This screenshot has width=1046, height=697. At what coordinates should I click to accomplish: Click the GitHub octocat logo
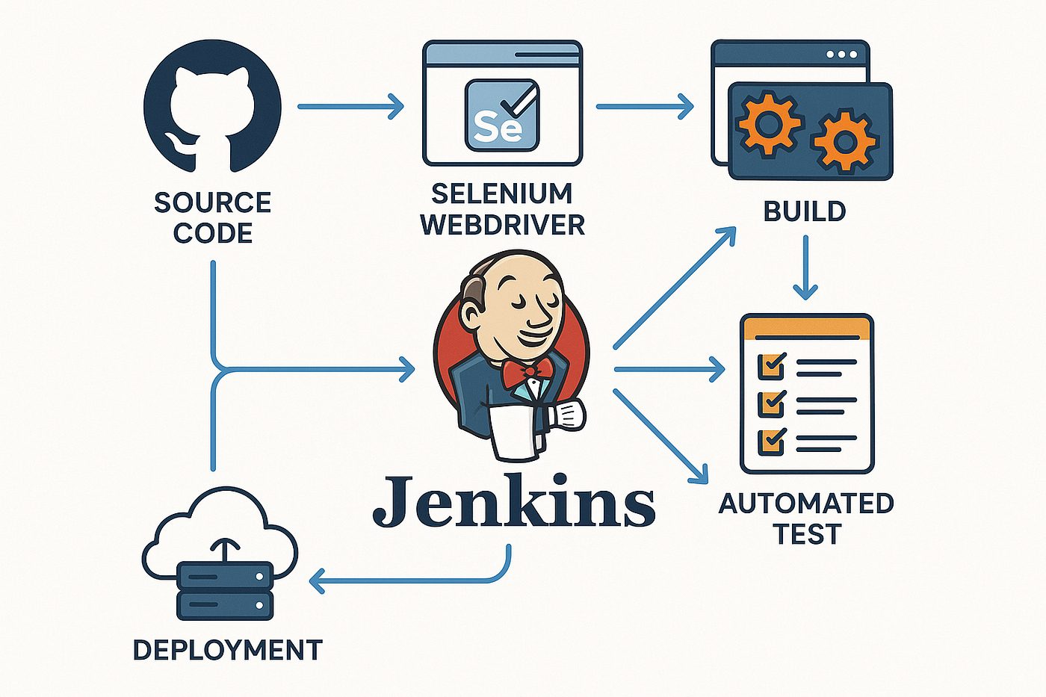tap(212, 108)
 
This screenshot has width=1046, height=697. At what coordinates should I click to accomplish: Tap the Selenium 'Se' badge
tap(501, 116)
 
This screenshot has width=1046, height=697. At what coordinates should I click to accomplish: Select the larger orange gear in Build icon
tap(769, 123)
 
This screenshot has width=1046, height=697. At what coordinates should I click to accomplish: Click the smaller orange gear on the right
tap(845, 141)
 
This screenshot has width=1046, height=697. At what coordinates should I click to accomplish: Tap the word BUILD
tap(805, 211)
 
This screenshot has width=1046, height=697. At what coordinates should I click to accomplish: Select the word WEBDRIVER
tap(503, 224)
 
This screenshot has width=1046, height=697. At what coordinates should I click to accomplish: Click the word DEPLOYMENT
tap(227, 650)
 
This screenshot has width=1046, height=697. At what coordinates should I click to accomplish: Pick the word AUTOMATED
tap(806, 504)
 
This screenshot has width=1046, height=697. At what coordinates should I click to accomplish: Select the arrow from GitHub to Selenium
tap(350, 106)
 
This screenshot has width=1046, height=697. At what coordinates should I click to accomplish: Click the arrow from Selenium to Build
tap(645, 106)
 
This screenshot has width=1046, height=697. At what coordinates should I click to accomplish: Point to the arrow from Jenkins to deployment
tap(411, 578)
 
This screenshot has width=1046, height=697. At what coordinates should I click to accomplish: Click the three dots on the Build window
tap(841, 55)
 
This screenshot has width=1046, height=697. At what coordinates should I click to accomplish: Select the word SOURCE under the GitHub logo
tap(212, 202)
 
